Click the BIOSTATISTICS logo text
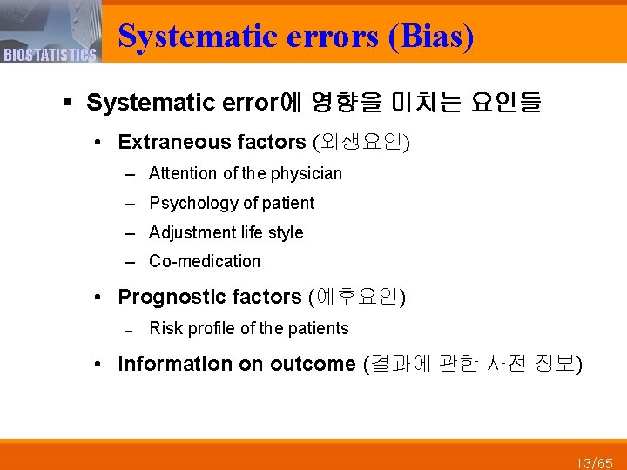click(x=50, y=56)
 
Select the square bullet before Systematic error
click(x=69, y=104)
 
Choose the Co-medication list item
click(x=205, y=261)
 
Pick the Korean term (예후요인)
click(x=358, y=297)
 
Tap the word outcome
click(x=313, y=364)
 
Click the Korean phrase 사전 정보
click(x=524, y=364)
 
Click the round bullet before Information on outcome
click(x=101, y=365)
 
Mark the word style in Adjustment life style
click(x=287, y=232)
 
